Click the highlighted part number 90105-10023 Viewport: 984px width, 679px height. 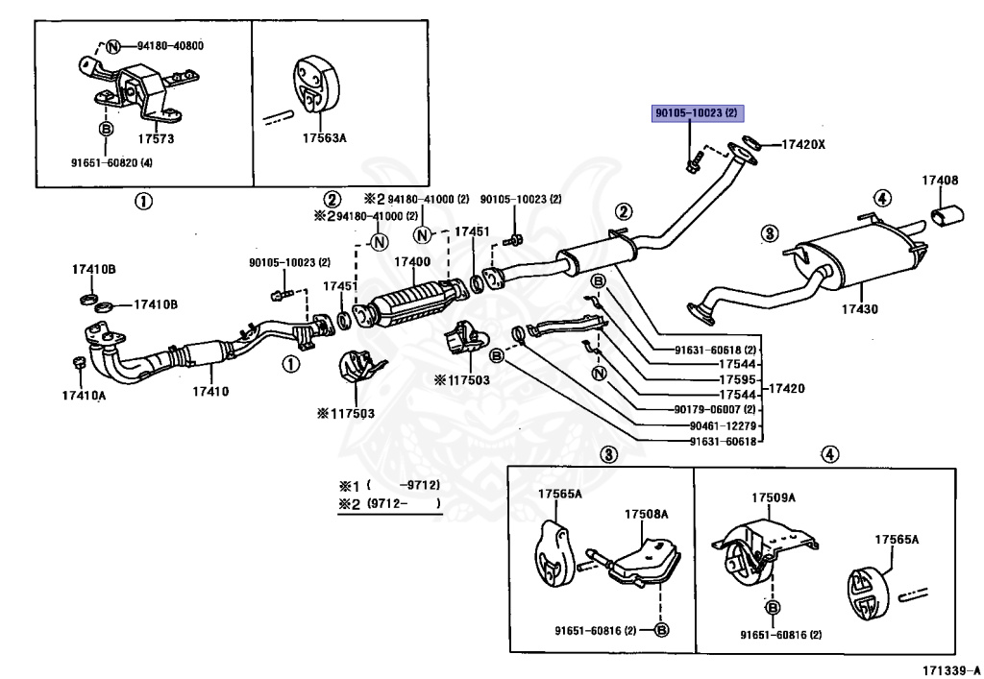tap(697, 113)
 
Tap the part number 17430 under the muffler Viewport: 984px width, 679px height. tap(859, 309)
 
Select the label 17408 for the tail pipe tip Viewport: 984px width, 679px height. tap(940, 180)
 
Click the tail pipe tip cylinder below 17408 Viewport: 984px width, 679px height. tap(948, 216)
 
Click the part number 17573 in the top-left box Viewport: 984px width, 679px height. tap(156, 138)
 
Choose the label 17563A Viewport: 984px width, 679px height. tap(325, 137)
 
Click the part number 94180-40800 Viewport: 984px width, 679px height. tap(171, 46)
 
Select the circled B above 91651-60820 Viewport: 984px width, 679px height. tap(106, 129)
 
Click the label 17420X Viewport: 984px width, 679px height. tap(803, 145)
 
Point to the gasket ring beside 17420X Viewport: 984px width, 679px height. tap(751, 141)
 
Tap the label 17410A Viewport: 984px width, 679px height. tap(85, 396)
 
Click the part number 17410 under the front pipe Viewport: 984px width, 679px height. tap(210, 392)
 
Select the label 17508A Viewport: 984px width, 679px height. tap(646, 514)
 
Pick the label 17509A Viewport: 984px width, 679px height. tap(774, 497)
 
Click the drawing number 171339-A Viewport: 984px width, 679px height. tap(950, 670)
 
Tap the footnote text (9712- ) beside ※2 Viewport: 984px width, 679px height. tap(404, 503)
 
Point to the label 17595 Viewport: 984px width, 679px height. tap(737, 379)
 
